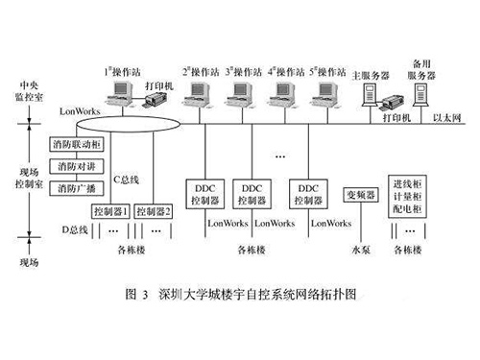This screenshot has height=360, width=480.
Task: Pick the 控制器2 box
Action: (154, 210)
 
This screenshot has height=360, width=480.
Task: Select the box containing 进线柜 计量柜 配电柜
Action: (410, 196)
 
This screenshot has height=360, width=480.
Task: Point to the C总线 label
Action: (128, 178)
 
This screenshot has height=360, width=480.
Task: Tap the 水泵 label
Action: (361, 251)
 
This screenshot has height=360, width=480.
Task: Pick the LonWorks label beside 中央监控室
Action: (79, 111)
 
